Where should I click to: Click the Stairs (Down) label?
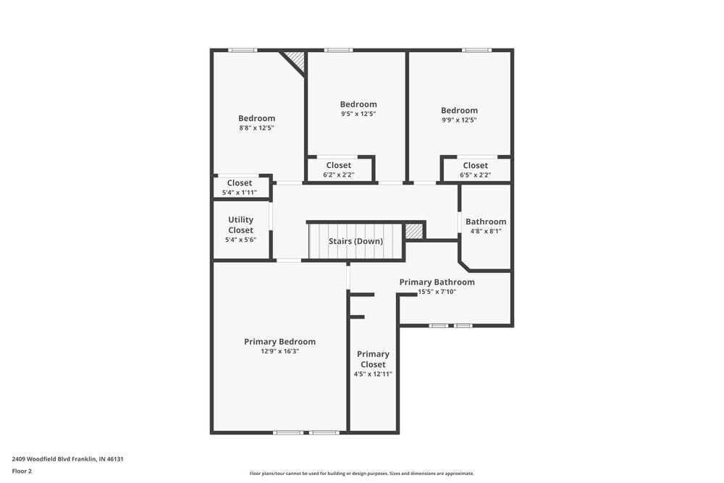coord(355,241)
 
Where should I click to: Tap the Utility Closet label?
coord(240,224)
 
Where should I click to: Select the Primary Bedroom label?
coord(279,342)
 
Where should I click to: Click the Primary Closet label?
coord(373,359)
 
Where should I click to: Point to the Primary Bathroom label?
coord(437,282)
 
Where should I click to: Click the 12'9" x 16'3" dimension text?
coord(279,351)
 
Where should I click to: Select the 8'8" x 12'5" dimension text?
coord(256,127)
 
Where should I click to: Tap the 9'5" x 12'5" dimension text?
coord(358,114)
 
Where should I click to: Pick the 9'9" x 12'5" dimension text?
coord(459,120)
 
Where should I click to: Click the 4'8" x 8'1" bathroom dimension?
coord(485,232)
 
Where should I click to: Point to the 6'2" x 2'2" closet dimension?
coord(338,175)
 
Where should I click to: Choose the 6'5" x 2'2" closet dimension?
coord(475,175)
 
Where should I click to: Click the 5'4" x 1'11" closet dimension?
coord(240,193)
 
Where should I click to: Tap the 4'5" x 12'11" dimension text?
coord(373,374)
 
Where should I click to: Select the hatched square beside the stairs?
coord(413,230)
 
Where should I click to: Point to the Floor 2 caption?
coord(22,471)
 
